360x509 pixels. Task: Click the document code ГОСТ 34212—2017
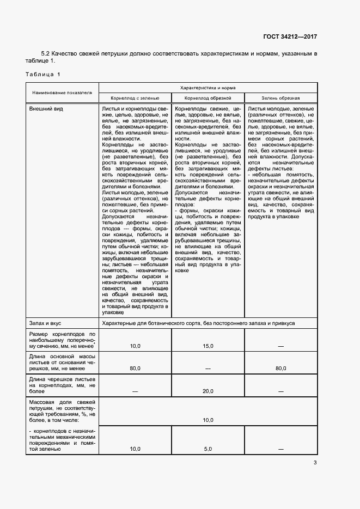point(290,38)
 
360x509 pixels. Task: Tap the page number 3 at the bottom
point(315,463)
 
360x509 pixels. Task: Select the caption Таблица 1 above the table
point(43,73)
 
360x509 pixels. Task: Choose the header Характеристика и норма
point(208,87)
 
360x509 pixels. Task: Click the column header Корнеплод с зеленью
point(135,98)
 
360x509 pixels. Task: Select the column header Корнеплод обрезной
point(208,98)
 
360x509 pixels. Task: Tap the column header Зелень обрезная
point(280,98)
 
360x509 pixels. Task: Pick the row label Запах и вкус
point(48,323)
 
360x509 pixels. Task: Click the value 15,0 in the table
point(208,346)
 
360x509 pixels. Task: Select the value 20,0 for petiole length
point(208,391)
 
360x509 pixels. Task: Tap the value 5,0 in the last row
point(208,449)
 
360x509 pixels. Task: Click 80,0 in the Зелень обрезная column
point(280,369)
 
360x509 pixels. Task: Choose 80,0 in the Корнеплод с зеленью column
point(135,369)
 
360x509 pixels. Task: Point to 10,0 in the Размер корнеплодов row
point(135,346)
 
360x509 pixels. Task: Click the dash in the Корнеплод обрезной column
point(208,369)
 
